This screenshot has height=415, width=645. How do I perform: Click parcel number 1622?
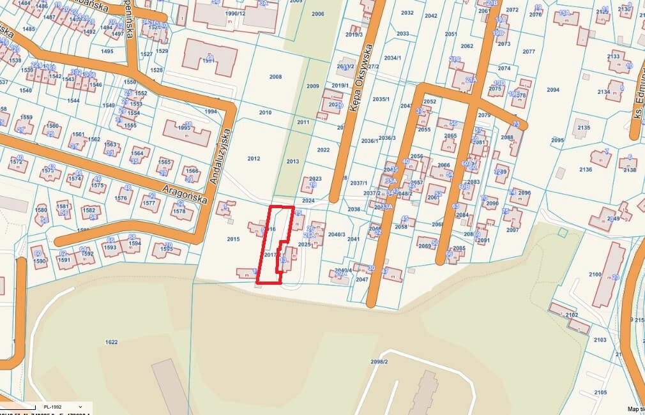click(x=111, y=342)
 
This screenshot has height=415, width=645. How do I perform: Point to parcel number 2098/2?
click(x=379, y=362)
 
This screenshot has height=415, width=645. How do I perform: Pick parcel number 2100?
click(x=595, y=274)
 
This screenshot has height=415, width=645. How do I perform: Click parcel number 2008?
click(x=275, y=77)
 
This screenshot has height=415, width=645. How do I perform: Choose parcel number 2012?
click(x=254, y=158)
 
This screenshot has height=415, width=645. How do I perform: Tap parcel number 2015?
click(x=232, y=239)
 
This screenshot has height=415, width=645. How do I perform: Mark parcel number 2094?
click(x=553, y=90)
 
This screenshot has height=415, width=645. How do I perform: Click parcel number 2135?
click(x=583, y=128)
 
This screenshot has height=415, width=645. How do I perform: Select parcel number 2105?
click(x=600, y=391)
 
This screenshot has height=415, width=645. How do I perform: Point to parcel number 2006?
click(x=317, y=13)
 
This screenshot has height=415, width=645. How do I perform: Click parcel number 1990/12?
click(x=235, y=13)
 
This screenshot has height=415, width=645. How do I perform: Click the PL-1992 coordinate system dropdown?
click(x=61, y=407)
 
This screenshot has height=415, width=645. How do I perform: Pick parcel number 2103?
click(x=600, y=340)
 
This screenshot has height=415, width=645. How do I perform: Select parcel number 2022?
click(x=323, y=150)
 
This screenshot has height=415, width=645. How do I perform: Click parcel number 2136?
click(x=586, y=169)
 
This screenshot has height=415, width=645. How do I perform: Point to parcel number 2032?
click(x=407, y=13)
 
